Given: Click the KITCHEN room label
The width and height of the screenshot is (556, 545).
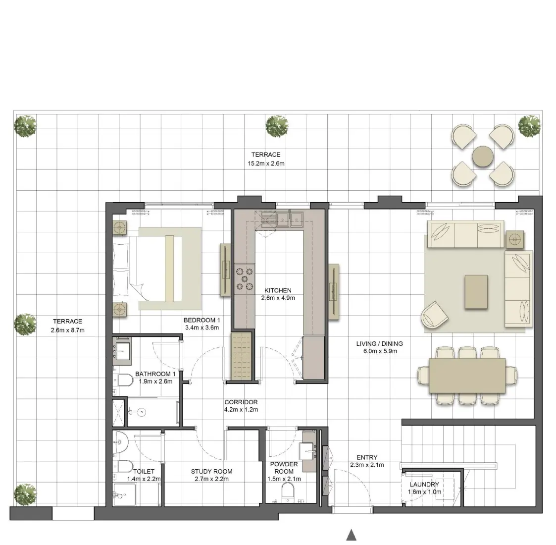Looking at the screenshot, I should click(x=278, y=290).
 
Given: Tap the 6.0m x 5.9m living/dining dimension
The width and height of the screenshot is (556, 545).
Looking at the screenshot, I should click(x=379, y=351).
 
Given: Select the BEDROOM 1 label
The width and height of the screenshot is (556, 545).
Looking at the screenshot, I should click(x=202, y=320).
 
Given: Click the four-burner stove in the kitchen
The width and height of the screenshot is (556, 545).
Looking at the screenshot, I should click(x=244, y=278).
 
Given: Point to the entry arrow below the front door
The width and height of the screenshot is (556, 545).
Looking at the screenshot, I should click(x=351, y=535).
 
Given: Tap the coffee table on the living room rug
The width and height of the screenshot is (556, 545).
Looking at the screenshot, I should click(x=476, y=292).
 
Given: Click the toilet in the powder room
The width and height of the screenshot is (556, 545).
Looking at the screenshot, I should click(x=287, y=492).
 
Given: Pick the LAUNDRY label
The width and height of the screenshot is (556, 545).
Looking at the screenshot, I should click(x=424, y=485).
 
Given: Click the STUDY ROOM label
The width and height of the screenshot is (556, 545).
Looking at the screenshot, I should click(x=211, y=471).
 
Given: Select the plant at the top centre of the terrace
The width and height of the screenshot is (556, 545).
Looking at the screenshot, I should click(x=277, y=126).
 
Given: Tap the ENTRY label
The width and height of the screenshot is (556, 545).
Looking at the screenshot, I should click(x=367, y=457).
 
